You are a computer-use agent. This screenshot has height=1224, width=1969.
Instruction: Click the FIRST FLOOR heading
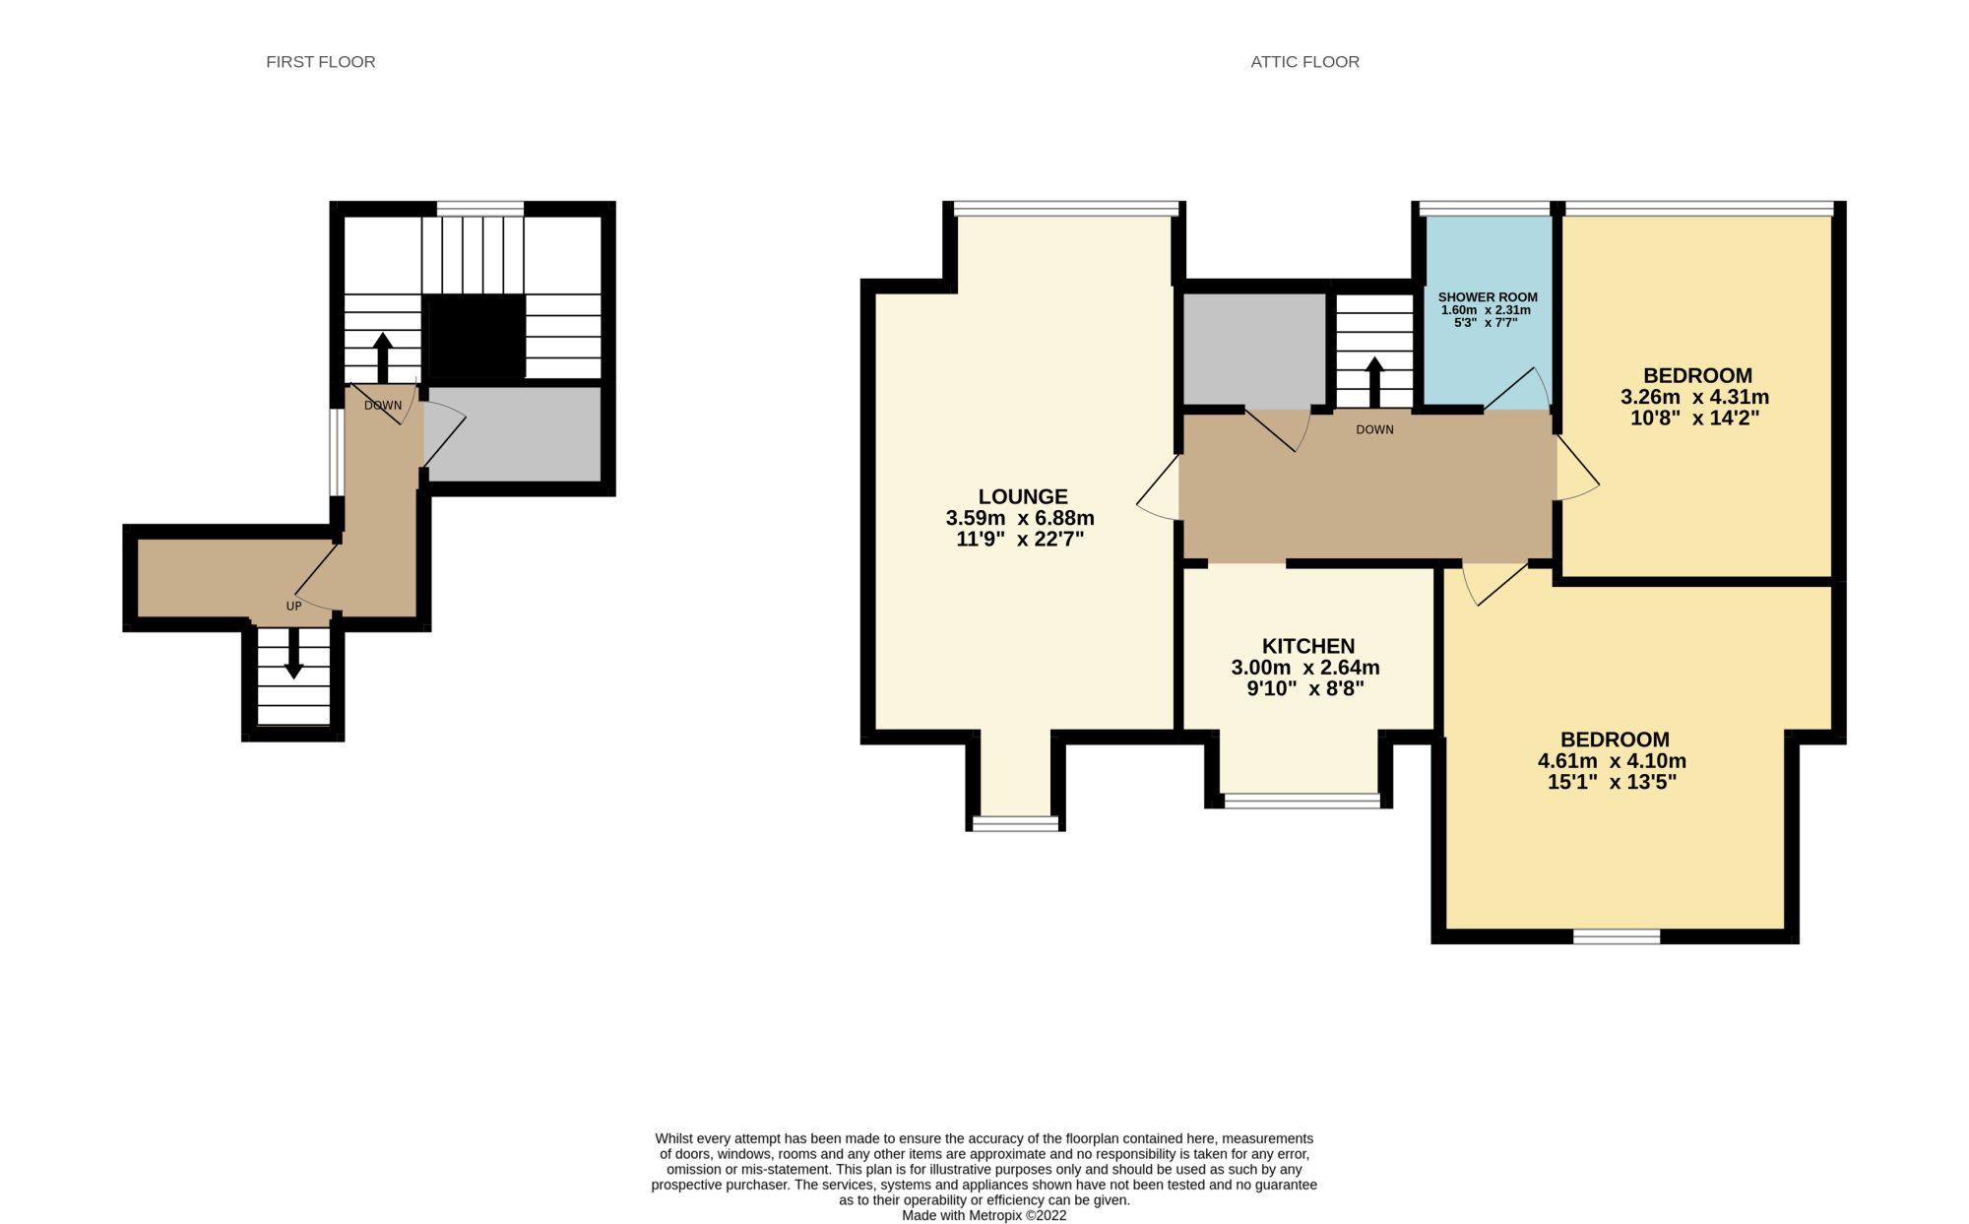321,62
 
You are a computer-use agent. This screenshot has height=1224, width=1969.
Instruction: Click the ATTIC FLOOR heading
1304,62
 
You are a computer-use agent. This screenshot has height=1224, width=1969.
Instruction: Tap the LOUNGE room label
1023,497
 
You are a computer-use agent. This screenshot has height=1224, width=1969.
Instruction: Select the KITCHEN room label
1308,646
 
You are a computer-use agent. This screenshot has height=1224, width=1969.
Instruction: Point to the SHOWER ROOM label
1488,297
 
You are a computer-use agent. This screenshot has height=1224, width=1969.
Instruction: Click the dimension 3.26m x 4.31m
1695,397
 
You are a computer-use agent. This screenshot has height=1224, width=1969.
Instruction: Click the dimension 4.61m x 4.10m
1612,761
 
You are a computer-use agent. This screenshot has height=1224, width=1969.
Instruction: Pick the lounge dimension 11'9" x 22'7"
1020,539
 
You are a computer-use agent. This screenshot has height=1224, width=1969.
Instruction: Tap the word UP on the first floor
293,607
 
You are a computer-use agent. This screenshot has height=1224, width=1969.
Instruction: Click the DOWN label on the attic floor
1374,429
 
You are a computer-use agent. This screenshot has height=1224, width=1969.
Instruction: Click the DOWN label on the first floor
383,406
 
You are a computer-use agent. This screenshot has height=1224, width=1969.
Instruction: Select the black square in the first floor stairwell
475,336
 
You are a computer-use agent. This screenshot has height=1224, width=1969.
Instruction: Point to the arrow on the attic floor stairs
1374,381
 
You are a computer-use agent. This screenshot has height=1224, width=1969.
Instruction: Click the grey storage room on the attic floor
1254,350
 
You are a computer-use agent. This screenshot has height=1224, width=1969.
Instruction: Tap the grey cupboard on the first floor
513,434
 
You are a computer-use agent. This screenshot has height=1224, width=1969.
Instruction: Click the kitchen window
1302,801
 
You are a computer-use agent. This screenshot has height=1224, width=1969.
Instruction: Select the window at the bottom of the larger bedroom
1617,936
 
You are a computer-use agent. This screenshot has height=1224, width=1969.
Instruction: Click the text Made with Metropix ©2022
984,1215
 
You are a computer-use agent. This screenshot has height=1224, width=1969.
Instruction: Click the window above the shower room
1485,208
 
